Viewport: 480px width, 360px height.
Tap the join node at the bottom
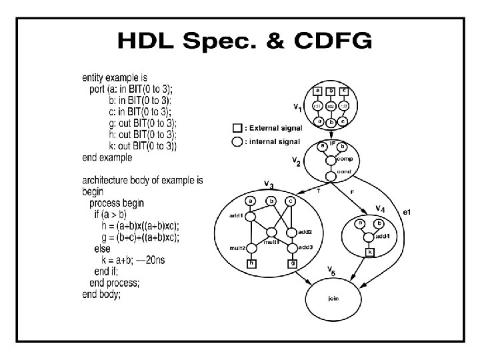pyautogui.click(x=333, y=298)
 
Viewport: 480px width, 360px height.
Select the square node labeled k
pyautogui.click(x=369, y=253)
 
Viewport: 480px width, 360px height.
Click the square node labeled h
pyautogui.click(x=251, y=263)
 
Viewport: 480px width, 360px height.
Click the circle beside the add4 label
pyautogui.click(x=369, y=235)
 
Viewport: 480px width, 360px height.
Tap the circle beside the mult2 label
pyautogui.click(x=251, y=247)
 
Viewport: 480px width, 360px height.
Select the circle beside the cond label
pyautogui.click(x=331, y=177)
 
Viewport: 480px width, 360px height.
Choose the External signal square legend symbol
pyautogui.click(x=237, y=128)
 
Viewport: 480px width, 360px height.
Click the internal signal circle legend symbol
pyautogui.click(x=237, y=141)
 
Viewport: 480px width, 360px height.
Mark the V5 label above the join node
pyautogui.click(x=331, y=270)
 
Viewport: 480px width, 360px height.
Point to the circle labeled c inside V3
pyautogui.click(x=291, y=201)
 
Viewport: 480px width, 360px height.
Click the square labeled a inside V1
pyautogui.click(x=319, y=91)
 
